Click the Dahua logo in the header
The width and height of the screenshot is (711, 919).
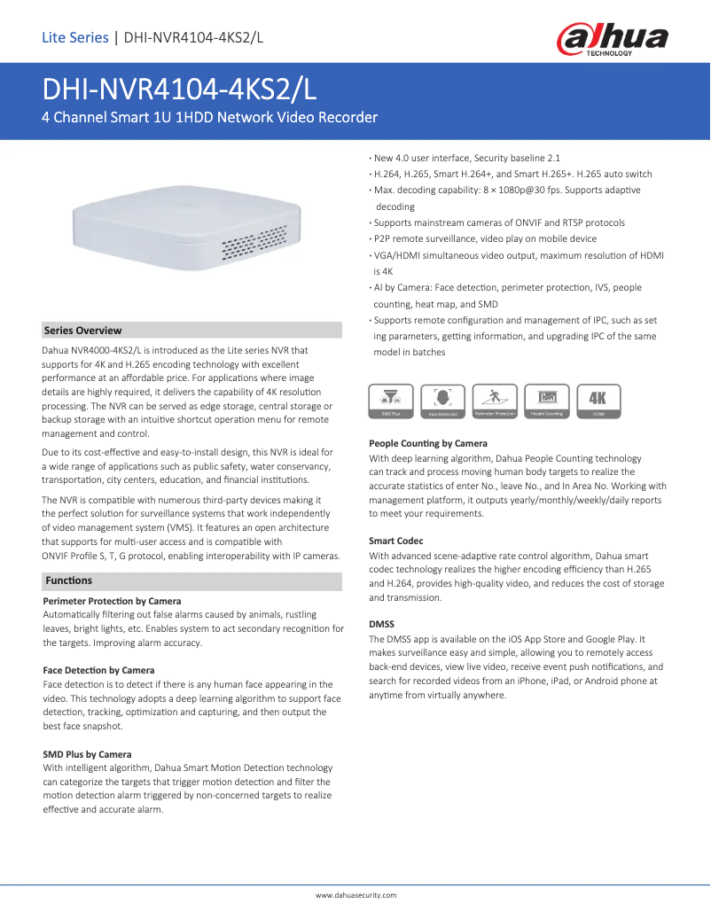(612, 39)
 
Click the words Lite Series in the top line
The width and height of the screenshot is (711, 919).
(74, 37)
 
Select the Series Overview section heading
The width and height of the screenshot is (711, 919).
(82, 331)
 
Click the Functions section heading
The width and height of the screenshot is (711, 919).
(68, 580)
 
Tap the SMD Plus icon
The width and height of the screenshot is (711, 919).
(391, 401)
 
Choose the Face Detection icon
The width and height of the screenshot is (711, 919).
(443, 401)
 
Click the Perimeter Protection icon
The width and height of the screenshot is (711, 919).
(495, 401)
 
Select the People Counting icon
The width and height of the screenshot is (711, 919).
(547, 401)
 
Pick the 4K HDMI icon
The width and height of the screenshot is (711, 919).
(598, 401)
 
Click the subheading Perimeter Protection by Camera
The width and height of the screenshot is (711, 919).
(112, 601)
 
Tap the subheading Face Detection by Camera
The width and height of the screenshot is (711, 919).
(98, 670)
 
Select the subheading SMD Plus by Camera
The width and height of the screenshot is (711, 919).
(87, 754)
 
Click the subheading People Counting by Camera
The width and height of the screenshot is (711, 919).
(427, 443)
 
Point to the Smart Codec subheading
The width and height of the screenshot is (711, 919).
(395, 541)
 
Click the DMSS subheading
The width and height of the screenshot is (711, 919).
(382, 624)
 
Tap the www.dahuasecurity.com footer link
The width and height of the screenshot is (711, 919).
(356, 896)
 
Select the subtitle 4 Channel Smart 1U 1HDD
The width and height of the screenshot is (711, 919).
(210, 117)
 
